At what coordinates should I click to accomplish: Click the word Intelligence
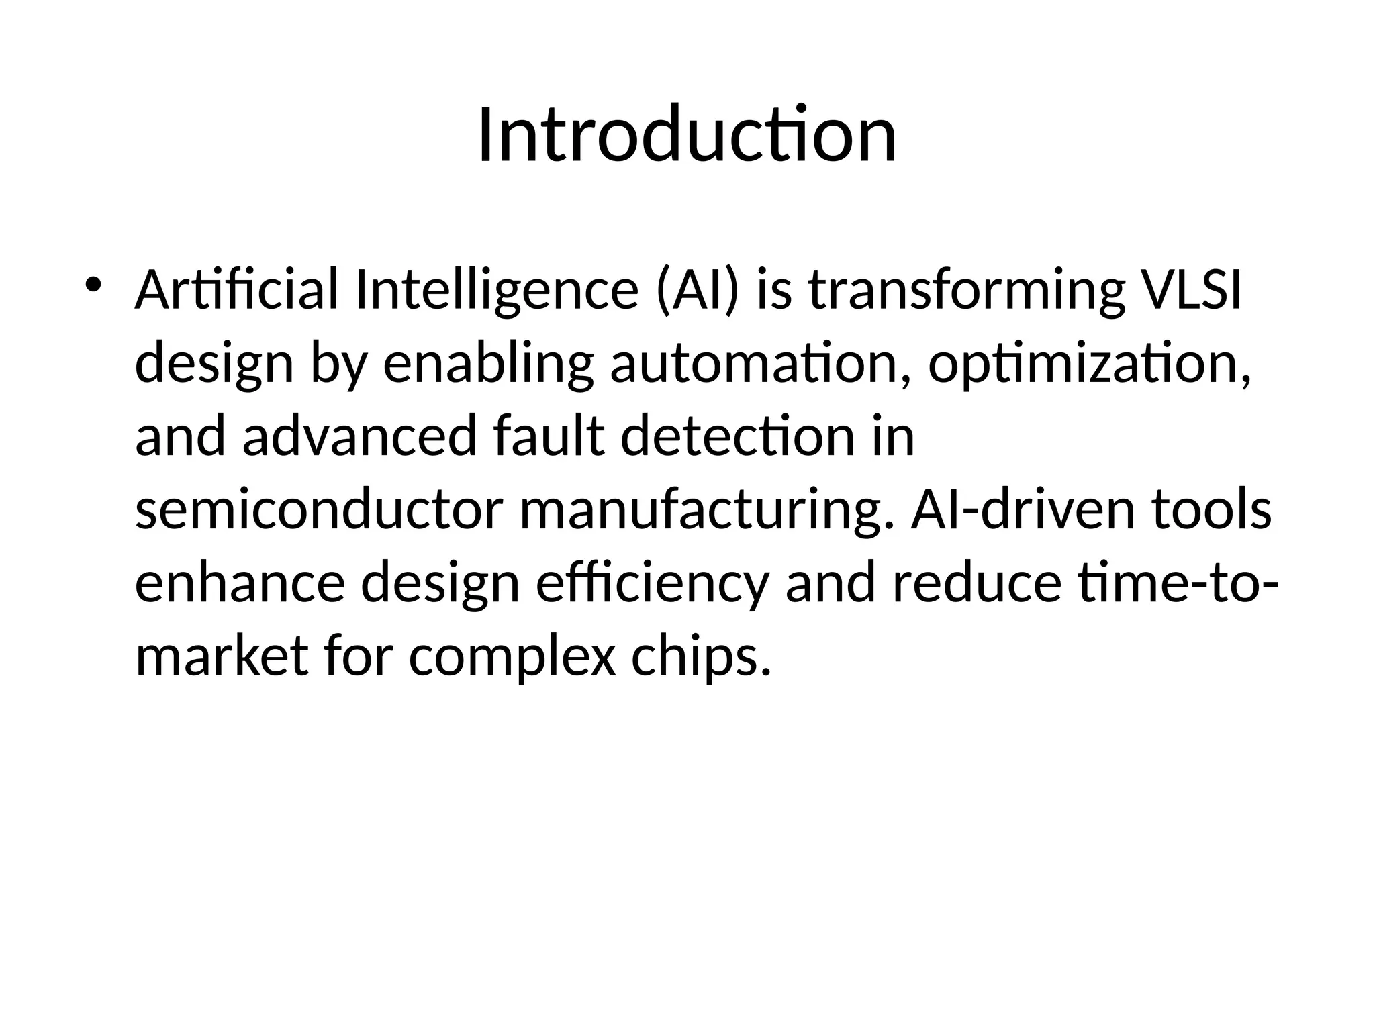tap(496, 290)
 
